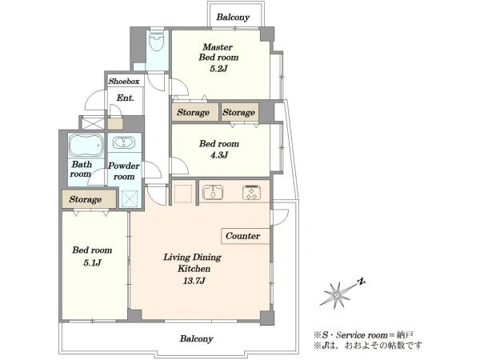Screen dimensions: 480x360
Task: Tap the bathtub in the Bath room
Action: point(86,145)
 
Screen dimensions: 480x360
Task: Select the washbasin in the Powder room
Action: point(124,142)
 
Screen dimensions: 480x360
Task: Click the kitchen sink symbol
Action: point(213,192)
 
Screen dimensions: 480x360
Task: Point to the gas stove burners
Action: point(252,192)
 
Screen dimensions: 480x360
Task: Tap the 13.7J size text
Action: point(194,281)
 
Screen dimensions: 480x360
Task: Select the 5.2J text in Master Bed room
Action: point(218,69)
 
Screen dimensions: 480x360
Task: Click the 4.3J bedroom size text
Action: point(219,155)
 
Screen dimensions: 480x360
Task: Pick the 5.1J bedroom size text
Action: point(92,262)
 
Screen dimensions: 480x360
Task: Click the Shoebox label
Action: point(124,82)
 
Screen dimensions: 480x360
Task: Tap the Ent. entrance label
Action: point(126,98)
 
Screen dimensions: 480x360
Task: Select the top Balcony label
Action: point(233,17)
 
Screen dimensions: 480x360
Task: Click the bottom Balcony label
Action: point(197,339)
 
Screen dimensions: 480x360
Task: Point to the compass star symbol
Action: point(336,294)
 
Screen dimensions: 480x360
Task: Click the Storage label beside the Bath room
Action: point(85,199)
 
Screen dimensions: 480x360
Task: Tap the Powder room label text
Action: point(124,171)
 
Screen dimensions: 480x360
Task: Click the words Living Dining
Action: point(192,257)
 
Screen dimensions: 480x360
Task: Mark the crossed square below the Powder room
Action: point(129,198)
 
